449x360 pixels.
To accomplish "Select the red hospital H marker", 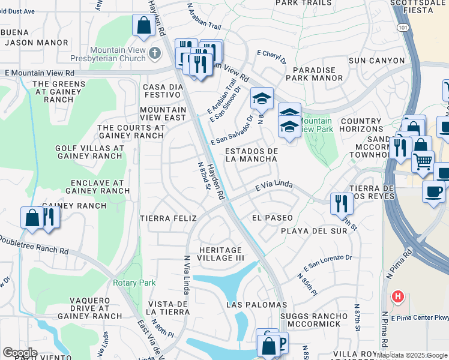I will pos(397,296).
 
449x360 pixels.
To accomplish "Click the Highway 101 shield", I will pos(400,28).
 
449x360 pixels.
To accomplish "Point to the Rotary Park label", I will pos(134,283).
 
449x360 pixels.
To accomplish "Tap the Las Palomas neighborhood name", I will pos(257,305).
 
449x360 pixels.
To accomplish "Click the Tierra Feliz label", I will pos(168,218).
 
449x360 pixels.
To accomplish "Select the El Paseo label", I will pos(272,218).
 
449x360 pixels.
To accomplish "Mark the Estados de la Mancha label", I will pos(251,155).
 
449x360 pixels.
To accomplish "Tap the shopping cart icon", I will pos(423,161).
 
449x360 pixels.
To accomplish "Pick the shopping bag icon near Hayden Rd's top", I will pos(143,26).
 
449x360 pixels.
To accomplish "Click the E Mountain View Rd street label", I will pos(40,72).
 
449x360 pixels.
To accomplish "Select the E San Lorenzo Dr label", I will pos(327,262).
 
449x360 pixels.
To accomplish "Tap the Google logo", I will pos(20,353).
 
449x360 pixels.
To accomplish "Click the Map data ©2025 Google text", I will pos(411,355).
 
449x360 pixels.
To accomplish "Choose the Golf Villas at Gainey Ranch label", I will pos(89,152).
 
